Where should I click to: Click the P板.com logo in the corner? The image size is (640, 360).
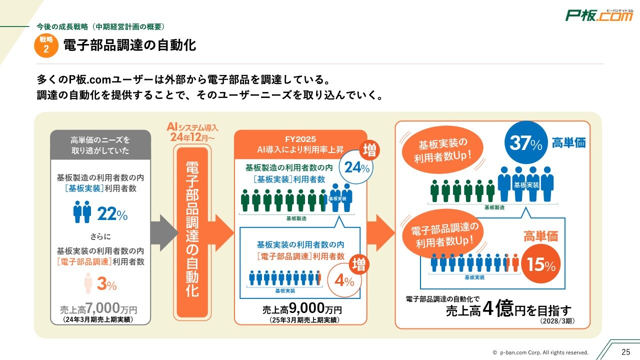(598, 15)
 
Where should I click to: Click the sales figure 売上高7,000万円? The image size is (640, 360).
(100, 308)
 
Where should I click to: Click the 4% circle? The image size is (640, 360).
(344, 280)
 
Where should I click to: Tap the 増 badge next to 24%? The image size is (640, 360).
(370, 149)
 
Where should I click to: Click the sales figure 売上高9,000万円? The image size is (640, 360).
(301, 309)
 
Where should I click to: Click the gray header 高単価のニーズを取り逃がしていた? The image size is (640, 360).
(100, 144)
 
